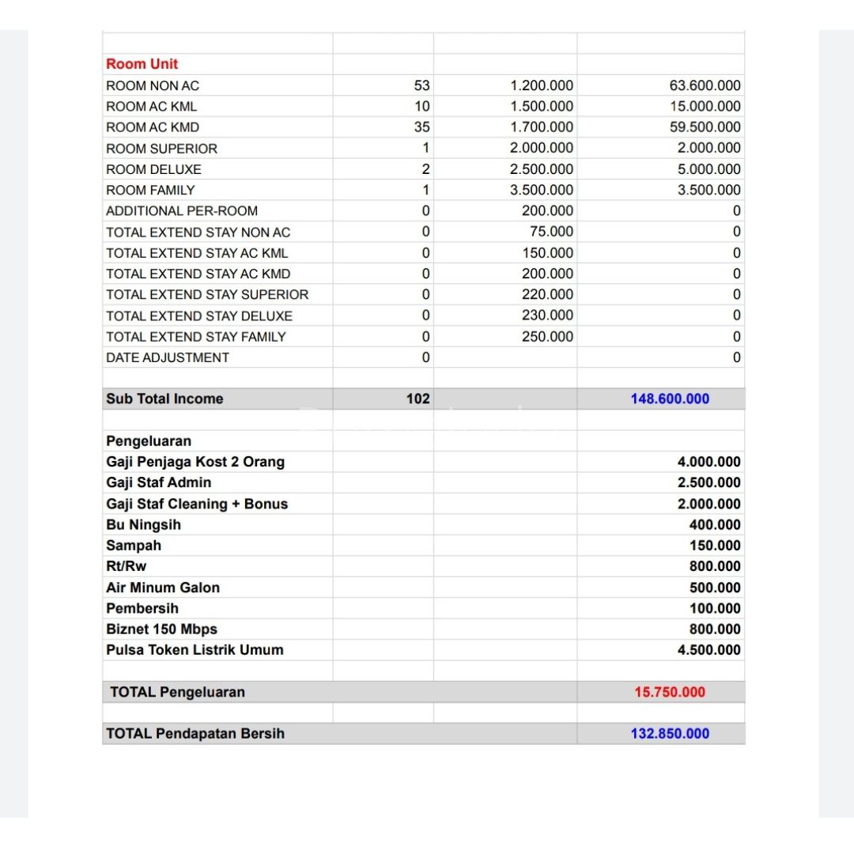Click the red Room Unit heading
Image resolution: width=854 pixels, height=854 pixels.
coord(142,64)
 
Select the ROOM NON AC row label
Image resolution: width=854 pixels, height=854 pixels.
coord(153,85)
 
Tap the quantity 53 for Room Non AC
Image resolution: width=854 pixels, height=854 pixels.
coord(421,85)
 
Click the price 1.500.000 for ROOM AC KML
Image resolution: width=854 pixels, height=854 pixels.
coord(542,106)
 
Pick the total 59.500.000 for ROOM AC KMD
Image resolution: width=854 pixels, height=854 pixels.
coord(705,127)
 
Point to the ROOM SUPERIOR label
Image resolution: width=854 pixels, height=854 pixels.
coord(161,148)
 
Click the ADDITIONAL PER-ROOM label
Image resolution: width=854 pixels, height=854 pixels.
coord(182,210)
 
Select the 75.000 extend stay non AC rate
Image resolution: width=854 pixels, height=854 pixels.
coord(551,232)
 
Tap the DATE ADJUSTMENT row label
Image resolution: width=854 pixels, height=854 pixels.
coord(168,357)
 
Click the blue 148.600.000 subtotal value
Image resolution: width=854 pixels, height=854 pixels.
coord(670,399)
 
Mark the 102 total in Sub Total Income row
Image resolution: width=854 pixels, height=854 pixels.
coord(418,399)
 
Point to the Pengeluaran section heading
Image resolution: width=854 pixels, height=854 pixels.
coord(149,440)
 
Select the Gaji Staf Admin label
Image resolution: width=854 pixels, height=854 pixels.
coord(159,482)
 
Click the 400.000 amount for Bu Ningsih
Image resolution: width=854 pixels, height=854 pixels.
coord(715,524)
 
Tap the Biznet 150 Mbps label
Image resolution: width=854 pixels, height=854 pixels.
coord(161,629)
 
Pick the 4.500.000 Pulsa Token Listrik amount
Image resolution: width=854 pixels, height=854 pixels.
coord(709,650)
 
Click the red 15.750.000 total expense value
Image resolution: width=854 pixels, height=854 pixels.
coord(669,692)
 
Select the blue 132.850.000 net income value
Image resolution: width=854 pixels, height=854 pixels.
coord(670,734)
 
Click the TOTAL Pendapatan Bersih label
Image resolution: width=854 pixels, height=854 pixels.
coord(195,734)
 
